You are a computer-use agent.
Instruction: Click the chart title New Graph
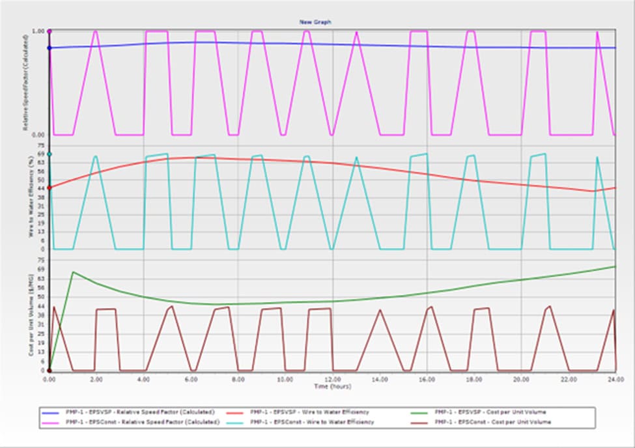[x=315, y=21]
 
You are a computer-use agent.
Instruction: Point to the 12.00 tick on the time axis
[x=333, y=378]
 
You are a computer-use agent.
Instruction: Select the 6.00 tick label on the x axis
[x=191, y=378]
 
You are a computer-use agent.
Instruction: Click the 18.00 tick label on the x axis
[x=474, y=378]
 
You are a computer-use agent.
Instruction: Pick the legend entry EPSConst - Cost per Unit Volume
[x=492, y=423]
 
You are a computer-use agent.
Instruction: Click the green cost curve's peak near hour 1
[x=73, y=272]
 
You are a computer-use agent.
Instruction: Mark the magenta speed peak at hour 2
[x=96, y=31]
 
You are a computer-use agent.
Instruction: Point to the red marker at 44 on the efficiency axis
[x=49, y=188]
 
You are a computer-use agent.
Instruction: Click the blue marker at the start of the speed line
[x=49, y=48]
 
